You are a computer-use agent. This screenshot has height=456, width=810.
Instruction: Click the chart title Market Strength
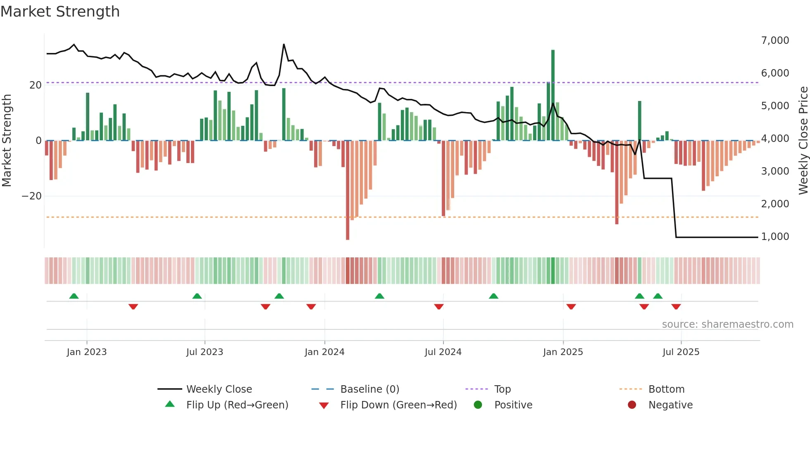pyautogui.click(x=60, y=12)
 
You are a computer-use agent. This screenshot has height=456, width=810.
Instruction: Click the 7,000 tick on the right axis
pyautogui.click(x=775, y=41)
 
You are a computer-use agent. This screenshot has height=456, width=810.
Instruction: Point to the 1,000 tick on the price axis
pyautogui.click(x=775, y=237)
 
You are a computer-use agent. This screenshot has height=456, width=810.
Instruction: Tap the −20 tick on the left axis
pyautogui.click(x=32, y=196)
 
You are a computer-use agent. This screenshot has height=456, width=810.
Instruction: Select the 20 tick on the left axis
pyautogui.click(x=35, y=85)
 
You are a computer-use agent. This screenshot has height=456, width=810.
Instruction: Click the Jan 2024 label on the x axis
pyautogui.click(x=324, y=352)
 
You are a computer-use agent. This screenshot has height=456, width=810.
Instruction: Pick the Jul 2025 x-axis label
pyautogui.click(x=681, y=352)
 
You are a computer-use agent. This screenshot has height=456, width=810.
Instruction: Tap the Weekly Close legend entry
pyautogui.click(x=219, y=389)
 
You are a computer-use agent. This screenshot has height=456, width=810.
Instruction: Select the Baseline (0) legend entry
pyautogui.click(x=369, y=389)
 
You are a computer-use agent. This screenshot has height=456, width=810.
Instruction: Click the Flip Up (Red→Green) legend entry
pyautogui.click(x=237, y=405)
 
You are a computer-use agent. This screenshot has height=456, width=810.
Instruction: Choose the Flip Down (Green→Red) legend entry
pyautogui.click(x=398, y=405)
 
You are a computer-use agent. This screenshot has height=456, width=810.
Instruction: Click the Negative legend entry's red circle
pyautogui.click(x=632, y=405)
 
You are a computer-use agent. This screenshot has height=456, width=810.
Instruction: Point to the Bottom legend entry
pyautogui.click(x=666, y=389)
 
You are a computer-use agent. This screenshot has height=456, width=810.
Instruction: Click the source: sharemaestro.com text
pyautogui.click(x=727, y=324)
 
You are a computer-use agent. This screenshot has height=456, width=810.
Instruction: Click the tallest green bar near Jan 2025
pyautogui.click(x=553, y=95)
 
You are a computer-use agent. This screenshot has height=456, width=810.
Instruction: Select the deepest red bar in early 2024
pyautogui.click(x=348, y=190)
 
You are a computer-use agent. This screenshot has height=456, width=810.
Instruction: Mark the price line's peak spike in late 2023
pyautogui.click(x=284, y=45)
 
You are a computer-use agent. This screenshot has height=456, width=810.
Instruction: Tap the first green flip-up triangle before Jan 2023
pyautogui.click(x=74, y=296)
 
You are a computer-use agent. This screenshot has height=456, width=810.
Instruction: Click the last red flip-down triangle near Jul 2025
pyautogui.click(x=676, y=307)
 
